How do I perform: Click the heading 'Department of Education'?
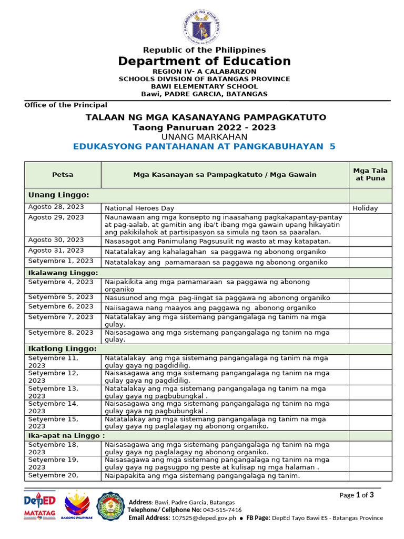(x=204, y=61)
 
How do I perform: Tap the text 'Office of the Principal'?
(x=66, y=105)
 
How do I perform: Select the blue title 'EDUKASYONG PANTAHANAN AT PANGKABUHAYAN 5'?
(x=204, y=147)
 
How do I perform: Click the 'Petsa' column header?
(x=63, y=174)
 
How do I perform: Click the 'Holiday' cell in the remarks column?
(x=365, y=208)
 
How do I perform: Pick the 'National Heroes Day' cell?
(x=139, y=208)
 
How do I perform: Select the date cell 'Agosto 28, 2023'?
(x=56, y=207)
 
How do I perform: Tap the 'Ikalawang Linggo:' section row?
(x=63, y=273)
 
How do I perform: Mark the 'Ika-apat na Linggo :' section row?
(x=66, y=435)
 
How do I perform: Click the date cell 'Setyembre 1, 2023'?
(x=60, y=261)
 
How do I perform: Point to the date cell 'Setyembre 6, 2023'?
(x=60, y=306)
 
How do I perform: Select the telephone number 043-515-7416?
(x=222, y=510)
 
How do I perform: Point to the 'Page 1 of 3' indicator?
(x=357, y=495)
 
